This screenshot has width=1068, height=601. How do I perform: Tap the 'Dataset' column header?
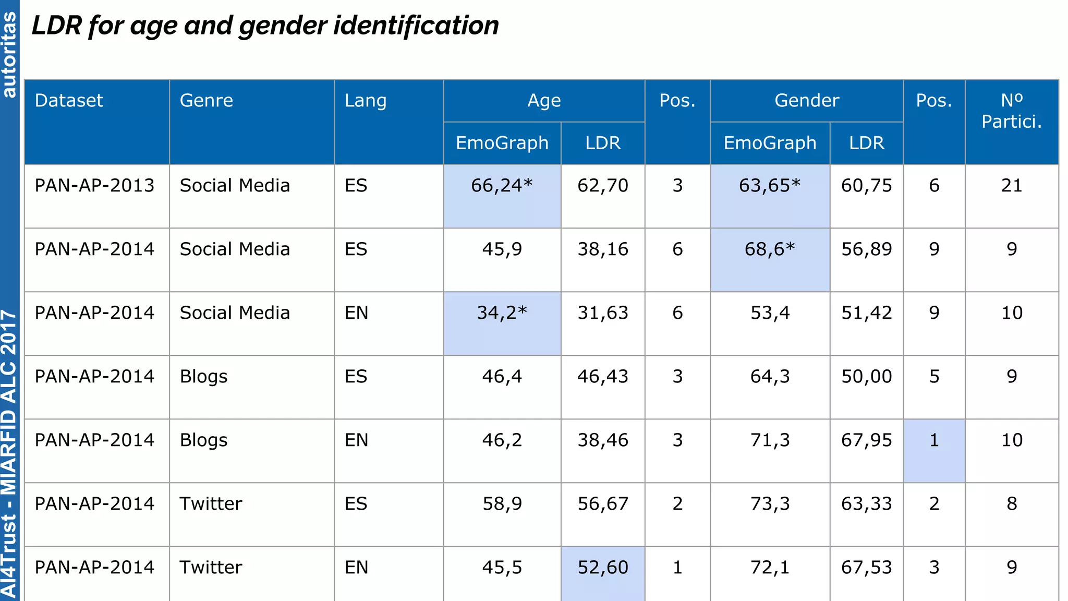tap(69, 101)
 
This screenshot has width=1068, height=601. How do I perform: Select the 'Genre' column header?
tap(206, 101)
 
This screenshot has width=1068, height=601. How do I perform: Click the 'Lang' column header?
tap(365, 101)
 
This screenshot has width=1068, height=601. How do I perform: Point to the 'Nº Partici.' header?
tap(1011, 111)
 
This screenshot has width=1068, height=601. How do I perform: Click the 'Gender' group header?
tap(806, 101)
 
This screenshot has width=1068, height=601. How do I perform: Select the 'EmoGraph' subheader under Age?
tap(502, 143)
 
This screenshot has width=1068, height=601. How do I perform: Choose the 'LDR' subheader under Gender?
tap(866, 143)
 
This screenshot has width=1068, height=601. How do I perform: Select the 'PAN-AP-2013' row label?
tap(94, 186)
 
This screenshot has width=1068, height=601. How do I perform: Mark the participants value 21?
tap(1011, 186)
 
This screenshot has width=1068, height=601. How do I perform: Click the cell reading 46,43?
tap(603, 377)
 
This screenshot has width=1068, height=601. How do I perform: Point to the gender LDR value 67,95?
tap(866, 440)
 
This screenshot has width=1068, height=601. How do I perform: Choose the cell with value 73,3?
tap(769, 504)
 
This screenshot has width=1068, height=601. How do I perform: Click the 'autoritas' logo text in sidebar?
tap(9, 55)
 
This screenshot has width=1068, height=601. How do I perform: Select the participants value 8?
tap(1011, 504)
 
